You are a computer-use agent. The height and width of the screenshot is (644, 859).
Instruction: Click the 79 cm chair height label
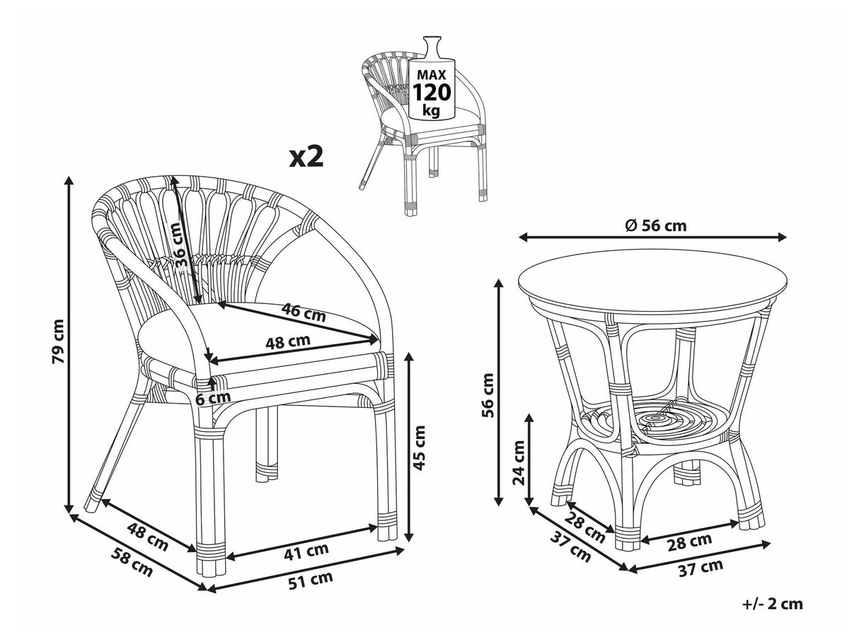coord(58,341)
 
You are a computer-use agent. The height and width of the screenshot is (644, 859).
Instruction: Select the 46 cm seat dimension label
coord(304,312)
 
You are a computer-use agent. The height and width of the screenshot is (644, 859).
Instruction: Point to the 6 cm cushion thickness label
coord(213,399)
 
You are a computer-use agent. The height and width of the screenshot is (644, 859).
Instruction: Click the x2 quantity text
coord(307,157)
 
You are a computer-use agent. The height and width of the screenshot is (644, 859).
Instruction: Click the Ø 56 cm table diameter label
coord(655,226)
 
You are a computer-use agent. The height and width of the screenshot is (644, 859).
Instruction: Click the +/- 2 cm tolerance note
coord(773,604)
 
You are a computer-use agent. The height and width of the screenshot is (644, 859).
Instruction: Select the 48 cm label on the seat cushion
coord(288,341)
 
